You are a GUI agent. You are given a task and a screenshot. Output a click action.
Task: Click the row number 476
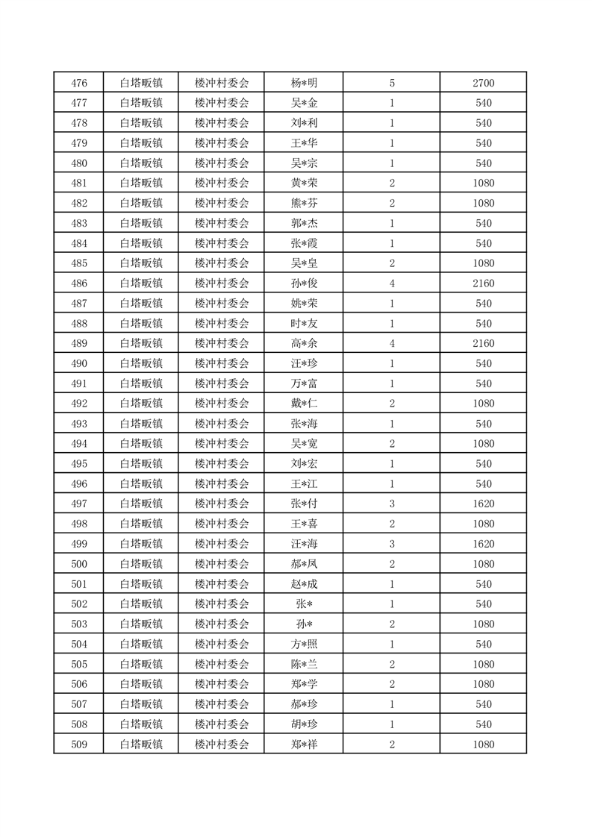pyautogui.click(x=78, y=83)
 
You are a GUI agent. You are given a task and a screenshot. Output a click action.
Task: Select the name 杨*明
pyautogui.click(x=304, y=83)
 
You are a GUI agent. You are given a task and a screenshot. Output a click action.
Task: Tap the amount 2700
pyautogui.click(x=483, y=83)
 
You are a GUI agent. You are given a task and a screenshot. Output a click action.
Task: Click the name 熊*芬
pyautogui.click(x=304, y=203)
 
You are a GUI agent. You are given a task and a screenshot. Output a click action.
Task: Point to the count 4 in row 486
pyautogui.click(x=392, y=283)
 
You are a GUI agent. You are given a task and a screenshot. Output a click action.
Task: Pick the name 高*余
pyautogui.click(x=304, y=343)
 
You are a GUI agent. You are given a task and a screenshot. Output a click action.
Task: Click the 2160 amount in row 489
pyautogui.click(x=483, y=343)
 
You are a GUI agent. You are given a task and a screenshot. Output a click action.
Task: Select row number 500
pyautogui.click(x=78, y=564)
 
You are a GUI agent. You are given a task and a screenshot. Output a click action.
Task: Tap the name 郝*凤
pyautogui.click(x=304, y=564)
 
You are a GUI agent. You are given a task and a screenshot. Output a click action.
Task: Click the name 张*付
pyautogui.click(x=304, y=504)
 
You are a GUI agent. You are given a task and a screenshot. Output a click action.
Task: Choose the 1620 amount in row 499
pyautogui.click(x=483, y=544)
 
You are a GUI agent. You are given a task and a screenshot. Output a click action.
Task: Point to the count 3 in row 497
pyautogui.click(x=392, y=504)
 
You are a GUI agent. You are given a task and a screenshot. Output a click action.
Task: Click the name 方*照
pyautogui.click(x=304, y=644)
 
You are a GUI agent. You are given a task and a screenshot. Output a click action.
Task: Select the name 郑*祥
pyautogui.click(x=304, y=744)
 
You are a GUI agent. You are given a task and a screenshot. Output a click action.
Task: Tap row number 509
pyautogui.click(x=78, y=744)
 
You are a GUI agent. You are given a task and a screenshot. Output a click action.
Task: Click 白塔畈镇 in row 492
pyautogui.click(x=141, y=404)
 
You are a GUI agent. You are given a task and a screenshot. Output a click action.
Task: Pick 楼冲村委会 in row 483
pyautogui.click(x=221, y=223)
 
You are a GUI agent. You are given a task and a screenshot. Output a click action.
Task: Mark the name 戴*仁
pyautogui.click(x=304, y=404)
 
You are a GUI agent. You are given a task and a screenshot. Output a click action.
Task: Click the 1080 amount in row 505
pyautogui.click(x=483, y=664)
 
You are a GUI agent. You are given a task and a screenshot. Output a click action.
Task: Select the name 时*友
pyautogui.click(x=304, y=323)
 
